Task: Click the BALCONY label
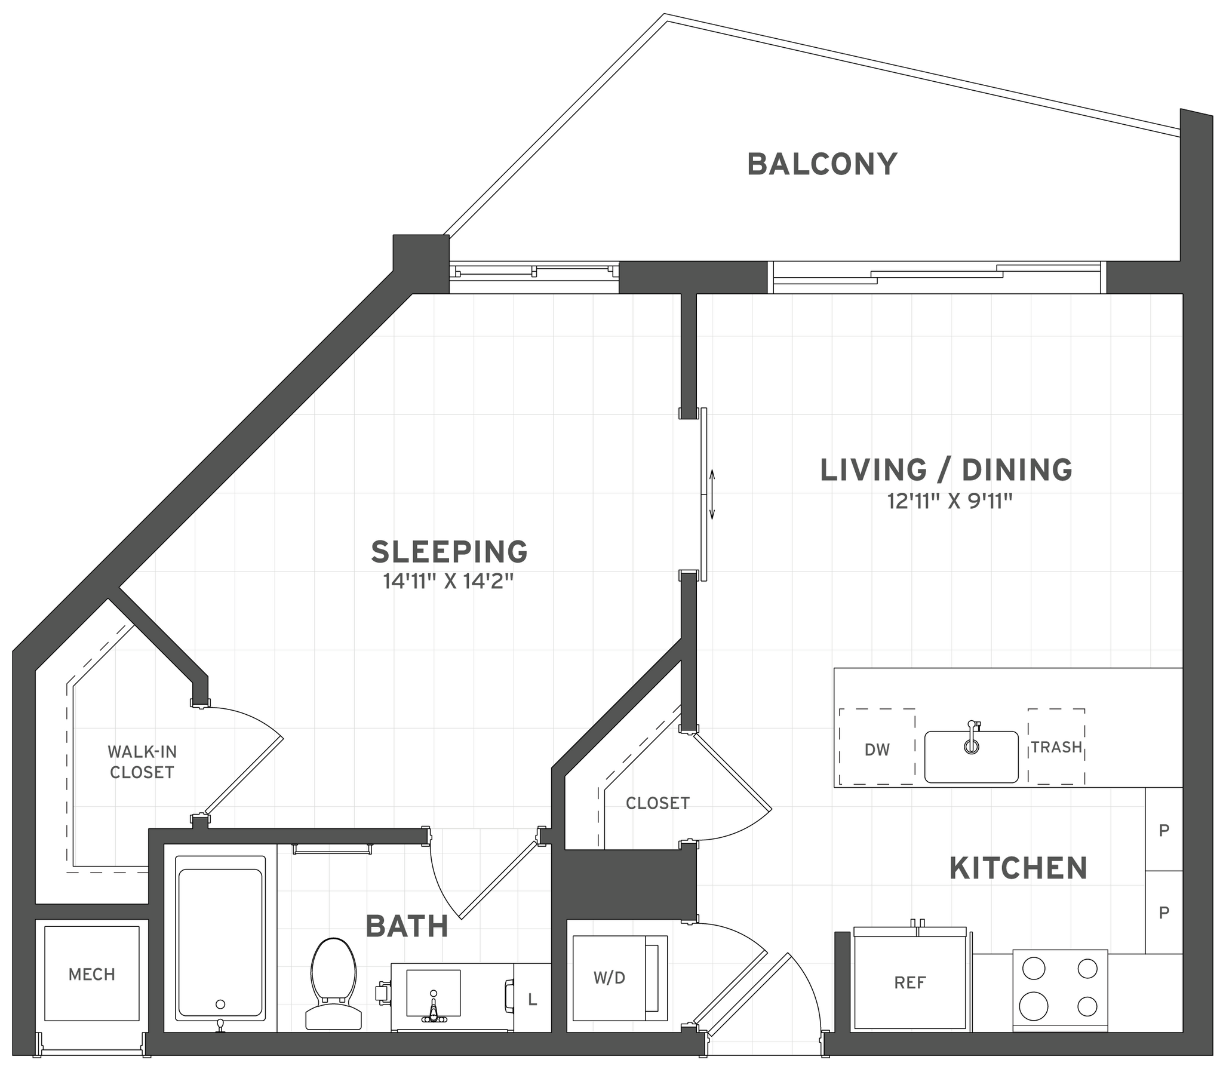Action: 822,164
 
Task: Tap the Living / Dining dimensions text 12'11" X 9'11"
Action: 949,501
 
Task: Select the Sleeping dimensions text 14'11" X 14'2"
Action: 448,582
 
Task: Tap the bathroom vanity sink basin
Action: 433,993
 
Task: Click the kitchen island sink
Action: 970,757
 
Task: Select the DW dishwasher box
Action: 877,749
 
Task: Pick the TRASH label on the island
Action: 1056,747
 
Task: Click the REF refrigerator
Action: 909,982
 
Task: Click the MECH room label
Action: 91,975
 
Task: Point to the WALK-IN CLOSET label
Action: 142,761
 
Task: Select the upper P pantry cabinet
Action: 1164,831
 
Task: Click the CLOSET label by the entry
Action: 657,803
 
